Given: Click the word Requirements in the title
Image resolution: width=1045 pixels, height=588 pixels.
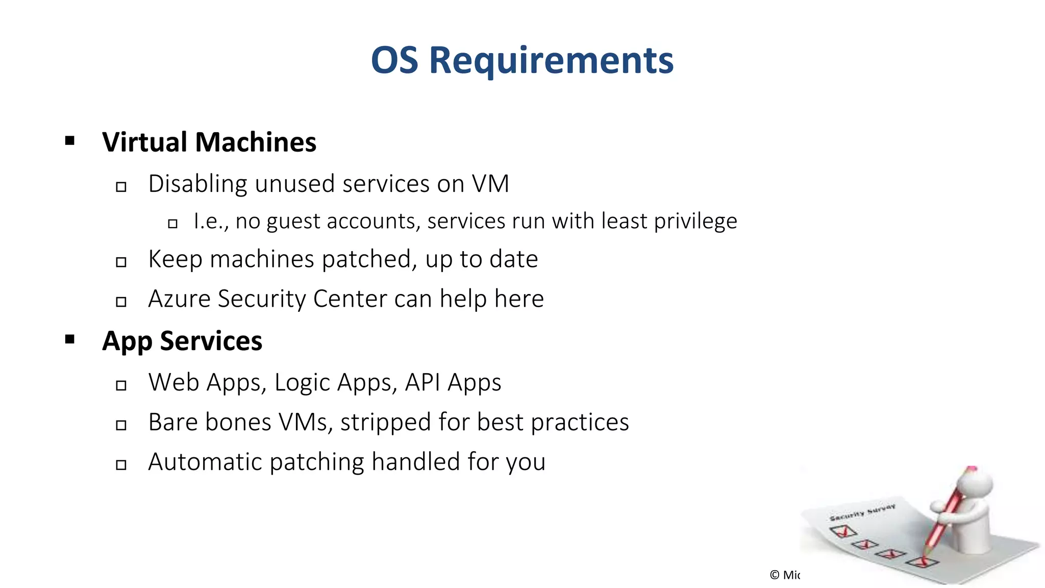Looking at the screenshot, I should pyautogui.click(x=551, y=60).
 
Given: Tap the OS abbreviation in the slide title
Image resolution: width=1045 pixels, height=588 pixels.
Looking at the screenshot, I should pyautogui.click(x=394, y=60).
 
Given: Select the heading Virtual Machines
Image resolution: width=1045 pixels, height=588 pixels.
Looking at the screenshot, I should pyautogui.click(x=209, y=142).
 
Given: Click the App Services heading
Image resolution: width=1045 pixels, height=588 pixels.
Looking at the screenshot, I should pyautogui.click(x=182, y=341).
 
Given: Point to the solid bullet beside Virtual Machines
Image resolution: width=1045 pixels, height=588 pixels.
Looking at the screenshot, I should pyautogui.click(x=70, y=141).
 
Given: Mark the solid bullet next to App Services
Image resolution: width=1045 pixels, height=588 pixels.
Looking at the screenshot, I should pyautogui.click(x=70, y=339).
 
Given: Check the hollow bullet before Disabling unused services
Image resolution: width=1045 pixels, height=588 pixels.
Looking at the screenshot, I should pyautogui.click(x=121, y=187).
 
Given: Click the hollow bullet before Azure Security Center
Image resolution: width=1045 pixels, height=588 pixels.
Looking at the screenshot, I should pyautogui.click(x=121, y=302).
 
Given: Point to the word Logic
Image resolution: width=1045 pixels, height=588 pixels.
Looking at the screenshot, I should pyautogui.click(x=302, y=383).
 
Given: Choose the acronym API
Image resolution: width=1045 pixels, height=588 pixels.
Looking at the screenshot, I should pyautogui.click(x=422, y=382).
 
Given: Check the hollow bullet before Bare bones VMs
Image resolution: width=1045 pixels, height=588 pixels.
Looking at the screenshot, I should pyautogui.click(x=121, y=425).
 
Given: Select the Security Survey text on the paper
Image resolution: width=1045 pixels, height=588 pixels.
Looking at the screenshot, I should pyautogui.click(x=862, y=512).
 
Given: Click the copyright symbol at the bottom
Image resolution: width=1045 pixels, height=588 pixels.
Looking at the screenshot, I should pyautogui.click(x=775, y=575).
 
